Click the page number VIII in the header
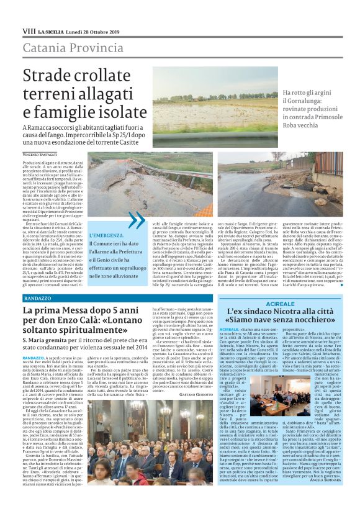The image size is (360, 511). (x=29, y=31)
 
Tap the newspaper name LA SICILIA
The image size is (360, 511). (x=50, y=31)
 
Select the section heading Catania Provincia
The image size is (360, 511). (x=65, y=47)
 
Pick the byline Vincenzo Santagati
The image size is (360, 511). (x=42, y=153)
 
